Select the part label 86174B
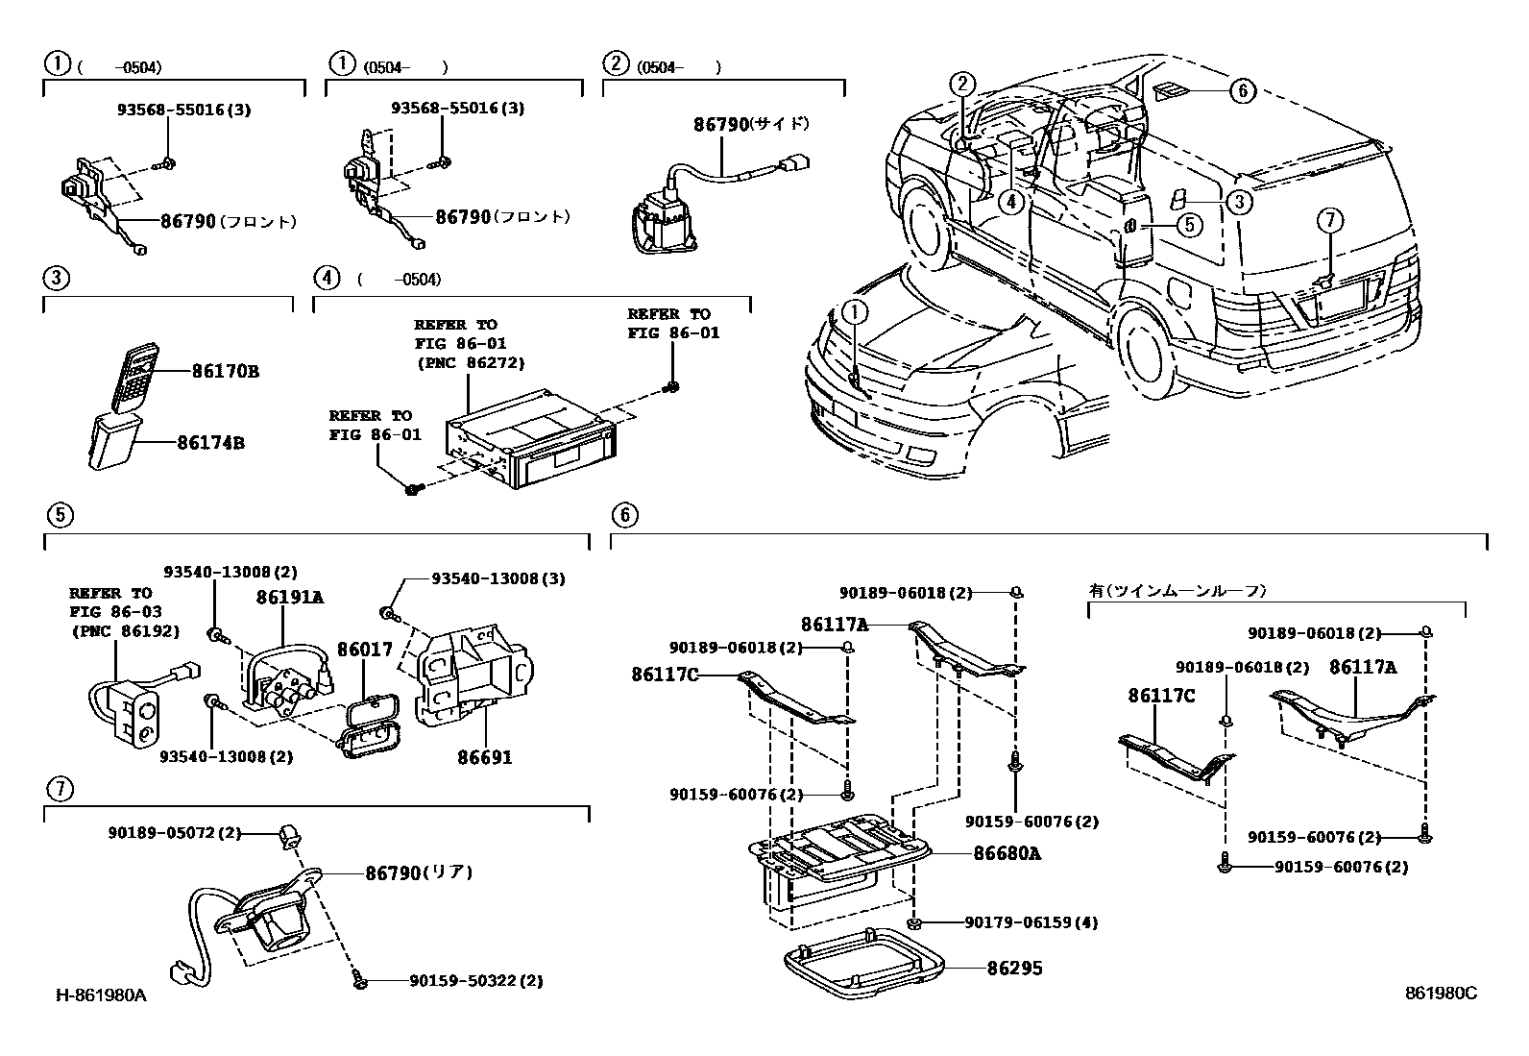210,443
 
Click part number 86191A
289,597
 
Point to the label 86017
364,650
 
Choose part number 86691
484,757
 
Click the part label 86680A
1007,853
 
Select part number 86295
1014,969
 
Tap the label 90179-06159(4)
1031,922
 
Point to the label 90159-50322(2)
475,981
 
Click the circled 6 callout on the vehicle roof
1242,90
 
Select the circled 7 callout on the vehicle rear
1329,221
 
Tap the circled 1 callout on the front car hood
854,311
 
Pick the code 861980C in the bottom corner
1441,994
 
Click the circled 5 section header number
59,515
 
